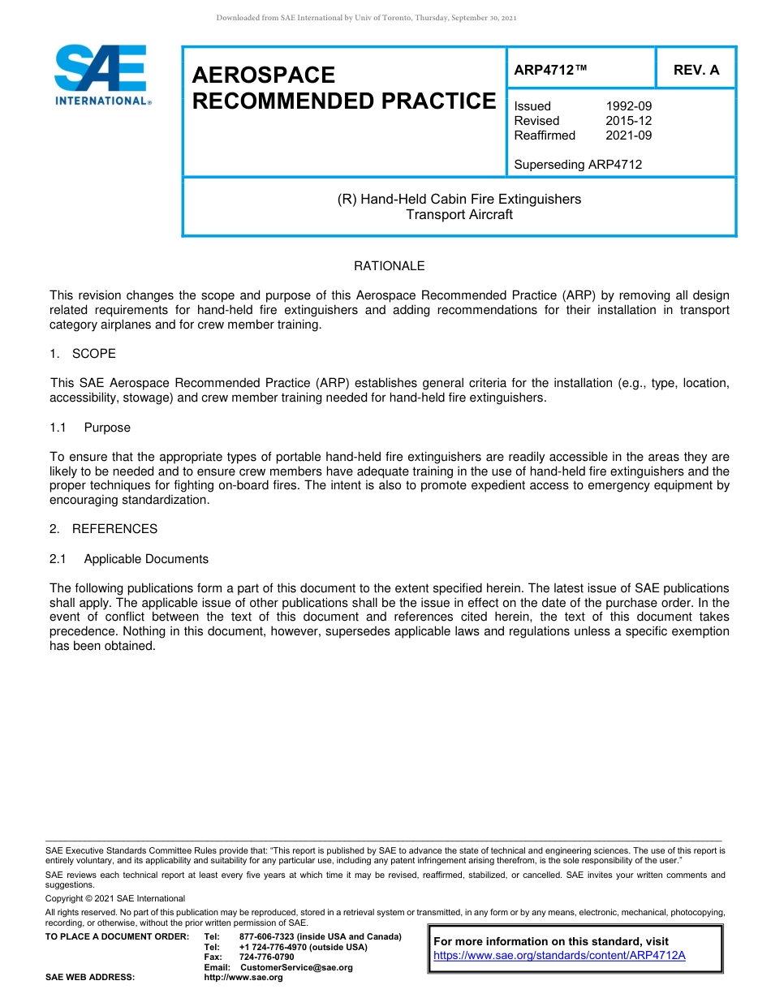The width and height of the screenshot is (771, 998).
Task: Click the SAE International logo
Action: tap(101, 75)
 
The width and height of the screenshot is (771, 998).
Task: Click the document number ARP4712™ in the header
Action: tap(550, 70)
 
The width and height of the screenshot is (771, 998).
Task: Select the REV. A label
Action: tap(696, 70)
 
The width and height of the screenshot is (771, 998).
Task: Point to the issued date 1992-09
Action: tap(628, 106)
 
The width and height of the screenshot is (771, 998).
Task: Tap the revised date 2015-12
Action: tap(628, 121)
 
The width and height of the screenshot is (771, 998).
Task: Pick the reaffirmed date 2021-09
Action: tap(628, 136)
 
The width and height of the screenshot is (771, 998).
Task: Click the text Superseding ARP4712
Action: tap(578, 165)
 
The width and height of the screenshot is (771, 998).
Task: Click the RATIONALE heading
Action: tap(389, 266)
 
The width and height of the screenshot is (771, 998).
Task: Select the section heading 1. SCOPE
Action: tap(83, 354)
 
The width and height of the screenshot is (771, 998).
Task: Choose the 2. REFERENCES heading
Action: tap(103, 529)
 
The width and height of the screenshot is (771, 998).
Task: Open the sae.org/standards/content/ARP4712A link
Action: tap(559, 955)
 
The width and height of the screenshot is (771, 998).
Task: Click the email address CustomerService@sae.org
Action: tap(296, 967)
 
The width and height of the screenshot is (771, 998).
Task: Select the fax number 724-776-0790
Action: tap(266, 957)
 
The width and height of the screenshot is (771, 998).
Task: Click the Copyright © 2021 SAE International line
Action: tap(115, 898)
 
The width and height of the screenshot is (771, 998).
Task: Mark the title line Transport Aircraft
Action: tap(459, 215)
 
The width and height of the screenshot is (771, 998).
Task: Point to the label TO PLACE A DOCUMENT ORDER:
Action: tap(117, 937)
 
